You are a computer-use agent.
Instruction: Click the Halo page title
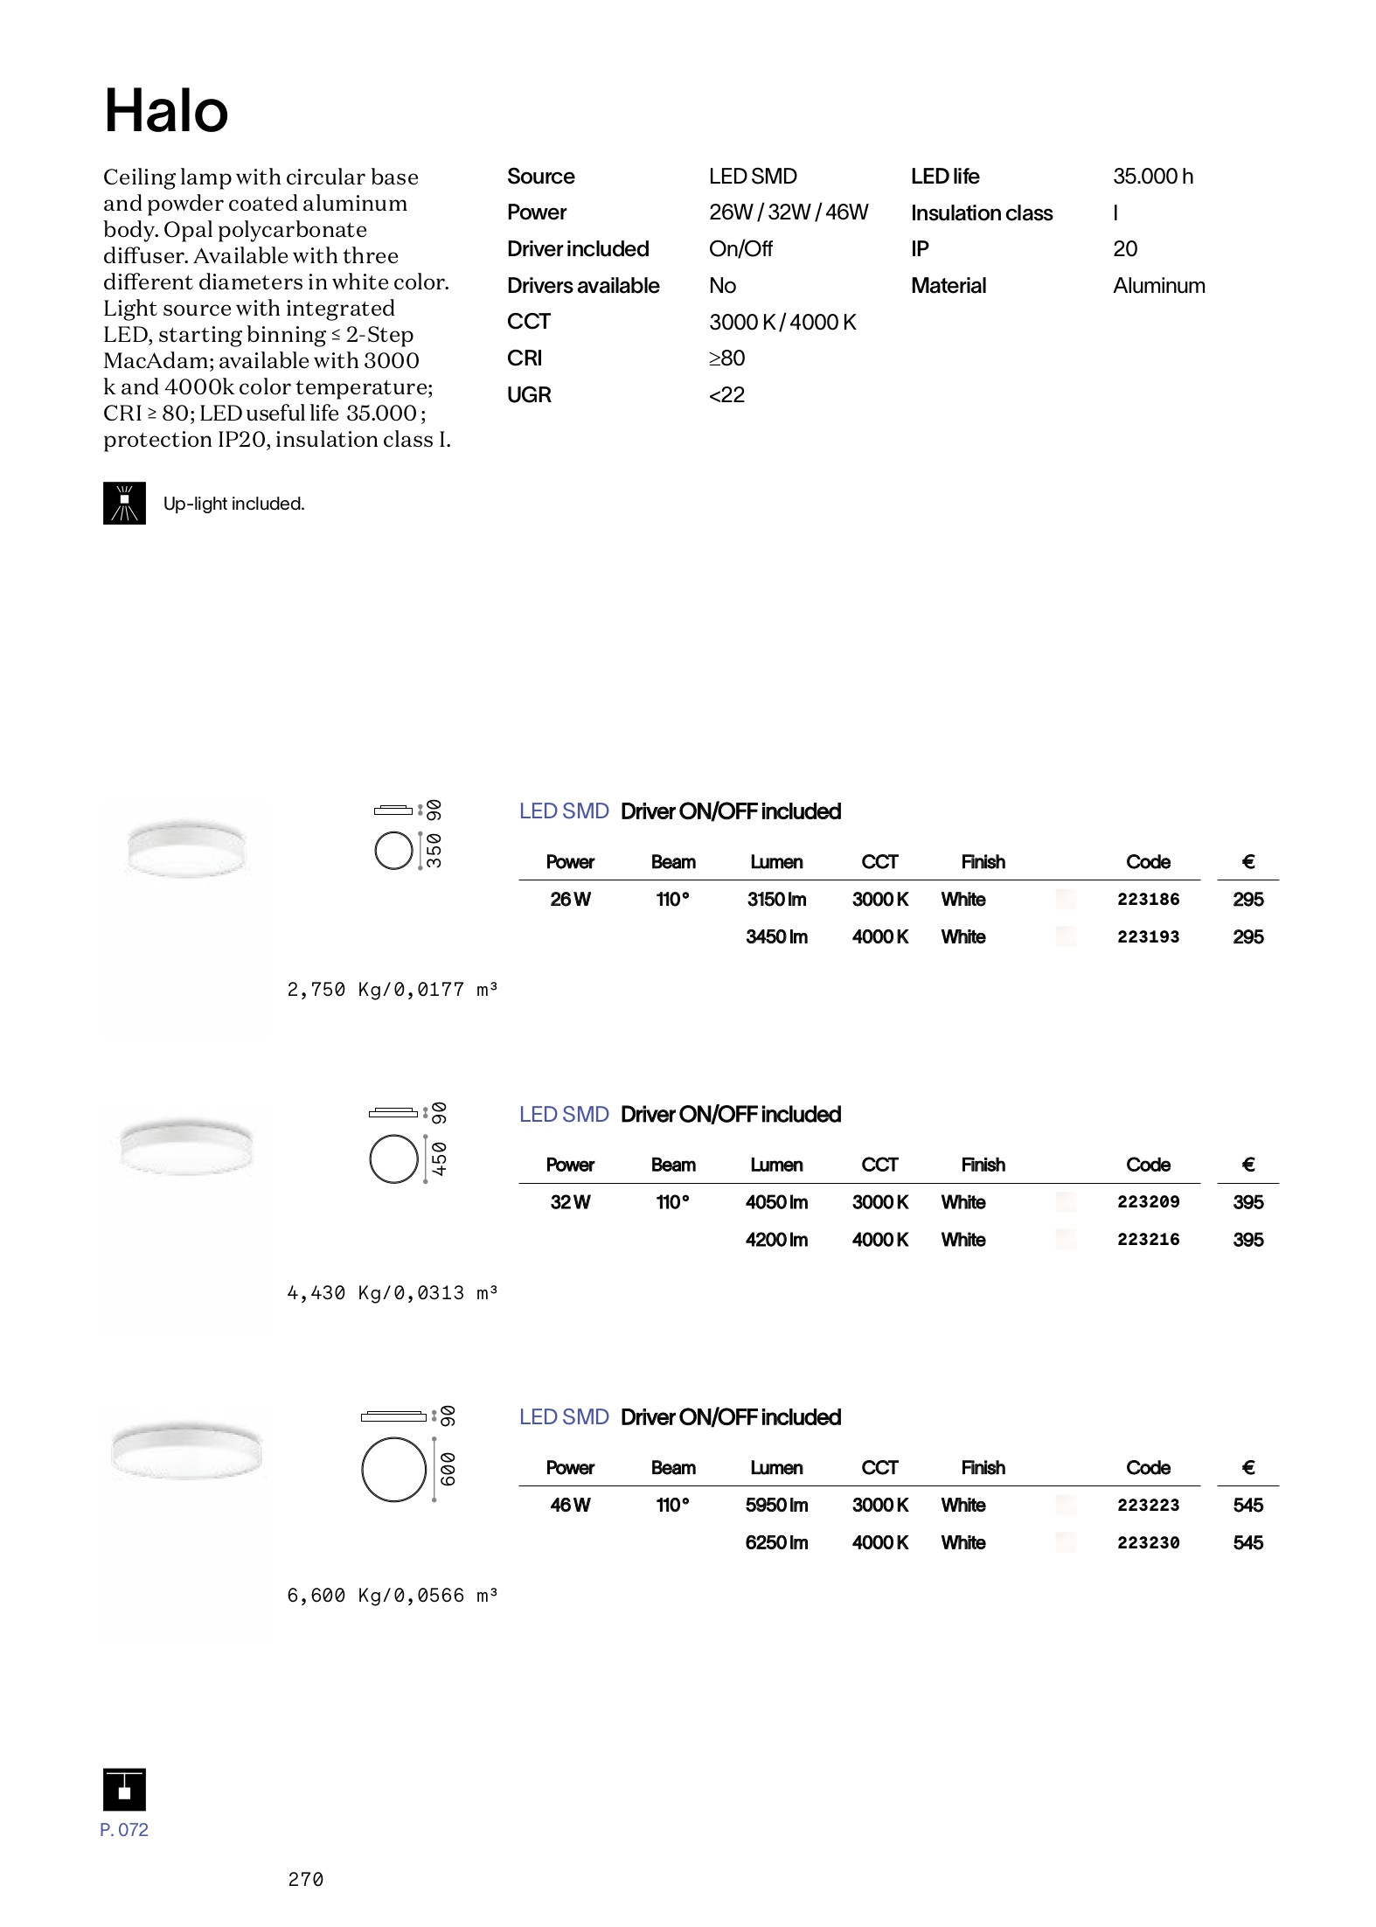coord(166,111)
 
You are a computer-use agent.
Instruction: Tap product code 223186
coord(1148,899)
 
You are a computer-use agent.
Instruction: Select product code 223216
coord(1148,1239)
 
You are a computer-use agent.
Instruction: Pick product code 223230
coord(1148,1542)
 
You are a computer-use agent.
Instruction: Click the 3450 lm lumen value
coord(776,936)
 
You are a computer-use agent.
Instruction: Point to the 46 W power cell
coord(570,1505)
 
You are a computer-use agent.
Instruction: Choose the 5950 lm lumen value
coord(776,1505)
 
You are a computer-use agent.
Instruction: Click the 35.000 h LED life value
coord(1152,177)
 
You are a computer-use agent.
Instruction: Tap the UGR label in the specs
coord(529,395)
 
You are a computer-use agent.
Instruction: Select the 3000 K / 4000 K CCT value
coord(782,323)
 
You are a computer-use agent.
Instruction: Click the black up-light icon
coord(124,504)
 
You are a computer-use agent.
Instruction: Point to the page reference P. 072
coord(124,1830)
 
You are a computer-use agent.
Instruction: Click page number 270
coord(305,1879)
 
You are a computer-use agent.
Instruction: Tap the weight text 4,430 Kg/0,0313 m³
coord(392,1292)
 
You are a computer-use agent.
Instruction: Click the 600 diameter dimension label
coord(447,1470)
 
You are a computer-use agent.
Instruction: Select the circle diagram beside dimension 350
coord(393,851)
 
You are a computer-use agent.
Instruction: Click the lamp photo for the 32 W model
coord(185,1147)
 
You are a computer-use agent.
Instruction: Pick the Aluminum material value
coord(1158,286)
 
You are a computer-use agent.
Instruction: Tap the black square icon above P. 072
coord(124,1789)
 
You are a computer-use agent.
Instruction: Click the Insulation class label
coord(981,213)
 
